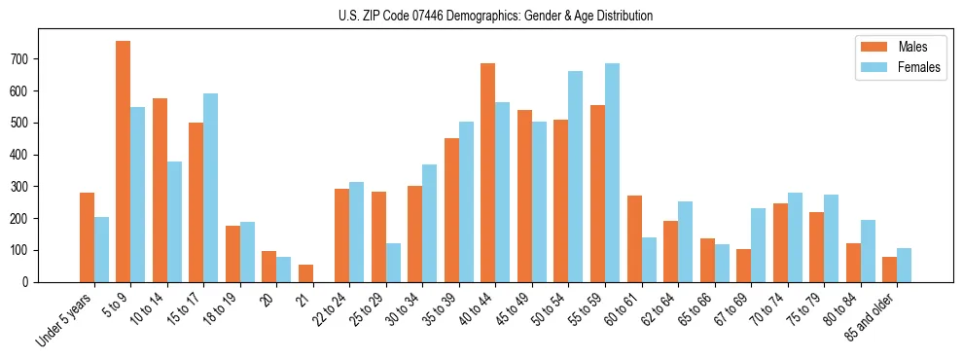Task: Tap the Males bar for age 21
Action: pos(305,273)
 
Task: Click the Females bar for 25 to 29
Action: pos(393,263)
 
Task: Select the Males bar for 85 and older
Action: pos(889,270)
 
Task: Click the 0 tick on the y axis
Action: pos(29,282)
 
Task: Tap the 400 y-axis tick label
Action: pos(23,155)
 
